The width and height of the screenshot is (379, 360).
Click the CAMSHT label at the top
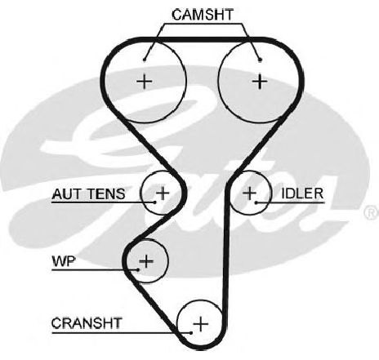(203, 15)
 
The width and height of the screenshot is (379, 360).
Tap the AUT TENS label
(88, 194)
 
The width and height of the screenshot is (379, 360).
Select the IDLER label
(302, 193)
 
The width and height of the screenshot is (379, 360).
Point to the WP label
(64, 261)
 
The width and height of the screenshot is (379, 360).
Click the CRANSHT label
(87, 323)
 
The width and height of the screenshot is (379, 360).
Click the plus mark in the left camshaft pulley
(144, 81)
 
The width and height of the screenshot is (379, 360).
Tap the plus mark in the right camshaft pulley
(260, 81)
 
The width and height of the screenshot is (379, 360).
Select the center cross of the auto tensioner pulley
(163, 193)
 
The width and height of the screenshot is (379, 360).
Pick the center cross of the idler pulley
(249, 193)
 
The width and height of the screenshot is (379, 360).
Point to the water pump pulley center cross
(146, 261)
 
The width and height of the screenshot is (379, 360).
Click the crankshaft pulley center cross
(201, 324)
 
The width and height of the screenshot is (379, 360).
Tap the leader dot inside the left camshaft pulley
(145, 60)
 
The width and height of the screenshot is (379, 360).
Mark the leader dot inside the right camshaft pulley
(260, 60)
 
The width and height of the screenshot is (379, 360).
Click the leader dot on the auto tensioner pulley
(154, 202)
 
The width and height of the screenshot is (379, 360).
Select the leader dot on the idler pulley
(256, 202)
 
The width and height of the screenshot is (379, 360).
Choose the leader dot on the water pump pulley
(138, 269)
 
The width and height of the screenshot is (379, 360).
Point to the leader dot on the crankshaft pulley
(191, 333)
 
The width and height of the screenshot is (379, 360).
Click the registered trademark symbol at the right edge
(372, 213)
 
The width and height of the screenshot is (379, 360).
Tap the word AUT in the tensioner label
(67, 194)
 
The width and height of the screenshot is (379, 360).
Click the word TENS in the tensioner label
(106, 194)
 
